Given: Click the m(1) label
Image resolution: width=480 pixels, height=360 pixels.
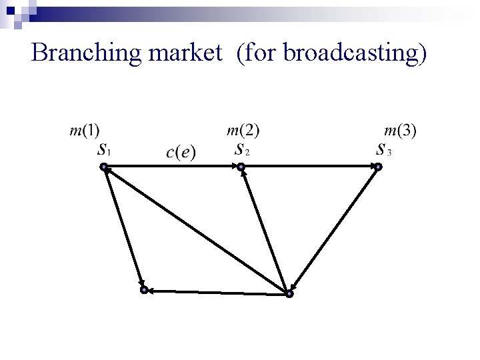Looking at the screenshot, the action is [x=85, y=131].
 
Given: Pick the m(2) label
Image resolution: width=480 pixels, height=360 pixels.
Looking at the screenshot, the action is [x=243, y=131].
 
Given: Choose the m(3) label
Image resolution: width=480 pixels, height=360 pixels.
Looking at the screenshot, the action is [x=401, y=131].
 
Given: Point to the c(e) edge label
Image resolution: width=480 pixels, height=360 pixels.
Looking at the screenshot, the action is [x=181, y=153].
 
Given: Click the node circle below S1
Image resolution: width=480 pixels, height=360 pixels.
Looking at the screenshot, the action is [x=103, y=167].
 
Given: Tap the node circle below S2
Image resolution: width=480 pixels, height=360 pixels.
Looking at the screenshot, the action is [x=241, y=167].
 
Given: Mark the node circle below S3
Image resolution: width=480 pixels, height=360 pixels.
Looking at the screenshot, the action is [x=377, y=167].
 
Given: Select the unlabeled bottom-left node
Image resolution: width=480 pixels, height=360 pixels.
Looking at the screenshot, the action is [x=143, y=290].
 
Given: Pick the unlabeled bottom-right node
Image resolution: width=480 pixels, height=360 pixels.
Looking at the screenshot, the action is [x=289, y=293].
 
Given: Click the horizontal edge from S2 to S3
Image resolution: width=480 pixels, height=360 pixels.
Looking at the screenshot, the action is [x=309, y=167].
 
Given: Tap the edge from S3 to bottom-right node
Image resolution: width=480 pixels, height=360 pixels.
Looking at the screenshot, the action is [x=333, y=230].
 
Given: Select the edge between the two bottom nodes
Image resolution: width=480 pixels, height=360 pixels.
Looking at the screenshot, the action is [x=216, y=292].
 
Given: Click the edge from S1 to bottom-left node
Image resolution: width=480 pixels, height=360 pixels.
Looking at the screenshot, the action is [x=123, y=229].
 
